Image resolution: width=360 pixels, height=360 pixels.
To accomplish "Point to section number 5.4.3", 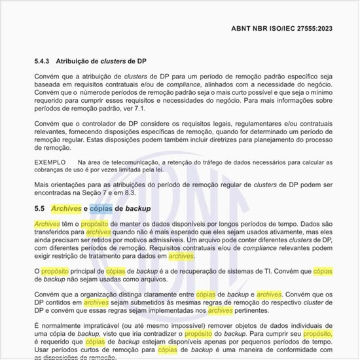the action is tap(43, 61).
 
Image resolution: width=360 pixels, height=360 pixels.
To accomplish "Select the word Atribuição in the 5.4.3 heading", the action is tap(78, 61).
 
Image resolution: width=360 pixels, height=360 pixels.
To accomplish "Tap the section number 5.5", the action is tap(39, 208).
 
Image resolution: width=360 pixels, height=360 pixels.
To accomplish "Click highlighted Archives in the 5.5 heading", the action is tap(66, 208).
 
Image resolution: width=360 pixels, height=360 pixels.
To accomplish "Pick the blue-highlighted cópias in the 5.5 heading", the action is tap(101, 208).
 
